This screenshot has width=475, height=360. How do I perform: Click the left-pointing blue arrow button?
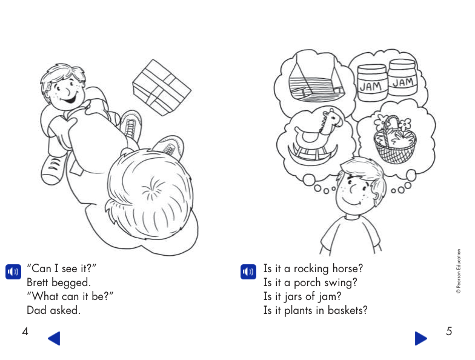click(54, 338)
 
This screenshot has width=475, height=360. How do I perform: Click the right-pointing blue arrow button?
click(420, 338)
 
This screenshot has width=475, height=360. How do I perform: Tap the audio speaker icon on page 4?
click(12, 271)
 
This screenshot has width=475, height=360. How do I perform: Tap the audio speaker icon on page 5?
click(247, 271)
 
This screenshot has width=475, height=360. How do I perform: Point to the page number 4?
click(25, 332)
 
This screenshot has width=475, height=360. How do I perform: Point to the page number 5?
click(449, 332)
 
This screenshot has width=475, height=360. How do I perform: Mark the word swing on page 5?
click(342, 282)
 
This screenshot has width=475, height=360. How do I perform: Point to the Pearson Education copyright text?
click(459, 272)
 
